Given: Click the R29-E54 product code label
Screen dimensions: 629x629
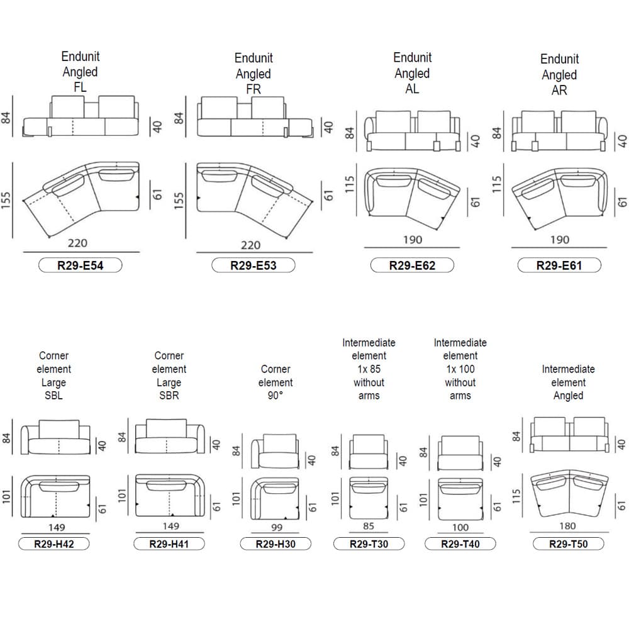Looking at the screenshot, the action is point(81,265).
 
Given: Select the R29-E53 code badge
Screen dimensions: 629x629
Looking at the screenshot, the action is point(253,265).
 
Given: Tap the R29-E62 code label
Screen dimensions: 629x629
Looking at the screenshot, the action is point(412,265).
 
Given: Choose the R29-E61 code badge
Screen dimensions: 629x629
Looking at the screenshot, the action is point(559,265).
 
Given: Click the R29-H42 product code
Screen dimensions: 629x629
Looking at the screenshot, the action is point(53,544).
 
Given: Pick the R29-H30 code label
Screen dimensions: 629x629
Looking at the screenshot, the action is point(276,544).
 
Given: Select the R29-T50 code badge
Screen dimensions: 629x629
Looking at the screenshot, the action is point(569,544).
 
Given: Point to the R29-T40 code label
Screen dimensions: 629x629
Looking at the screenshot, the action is point(460,544).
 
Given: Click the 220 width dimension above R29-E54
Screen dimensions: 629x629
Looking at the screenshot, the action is point(77,243).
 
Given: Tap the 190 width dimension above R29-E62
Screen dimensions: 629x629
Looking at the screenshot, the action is point(413,240).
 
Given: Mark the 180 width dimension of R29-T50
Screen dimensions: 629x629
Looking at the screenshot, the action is point(567,526).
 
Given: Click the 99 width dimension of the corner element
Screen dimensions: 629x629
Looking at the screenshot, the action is point(277,527).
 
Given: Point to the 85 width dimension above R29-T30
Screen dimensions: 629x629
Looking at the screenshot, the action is point(369,526).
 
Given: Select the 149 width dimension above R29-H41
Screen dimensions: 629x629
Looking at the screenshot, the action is point(171,526).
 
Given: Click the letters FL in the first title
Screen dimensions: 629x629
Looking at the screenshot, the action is point(81,87).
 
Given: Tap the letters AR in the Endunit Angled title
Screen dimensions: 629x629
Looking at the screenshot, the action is point(559,90).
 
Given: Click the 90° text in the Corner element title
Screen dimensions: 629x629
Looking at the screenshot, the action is point(276,396).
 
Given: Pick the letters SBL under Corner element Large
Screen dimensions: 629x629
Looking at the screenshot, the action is point(53,396).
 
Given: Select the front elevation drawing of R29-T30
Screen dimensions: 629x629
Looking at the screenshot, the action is point(369,452).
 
